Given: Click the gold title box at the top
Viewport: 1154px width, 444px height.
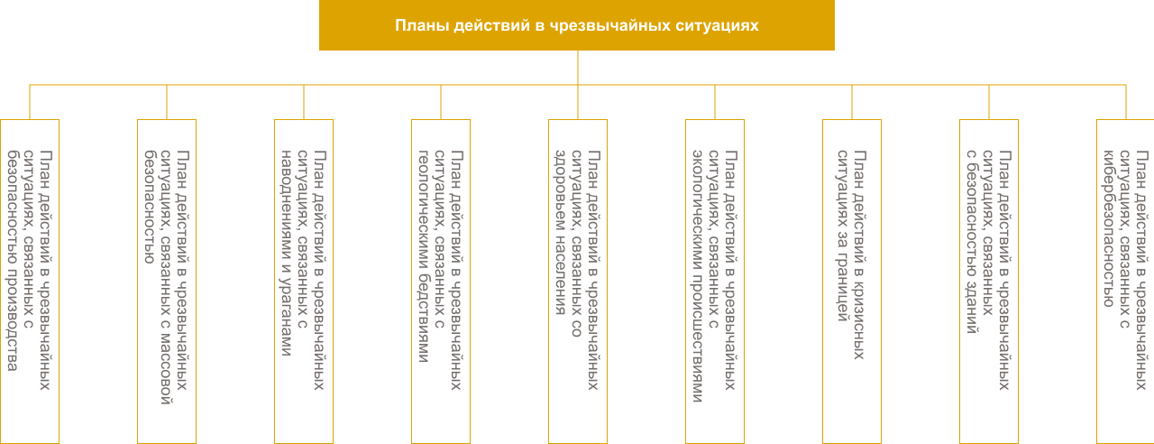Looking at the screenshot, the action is coord(577,24).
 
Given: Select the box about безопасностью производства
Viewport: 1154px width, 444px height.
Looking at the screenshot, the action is coord(30,282).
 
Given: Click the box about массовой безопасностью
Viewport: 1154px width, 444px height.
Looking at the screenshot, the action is coord(167,282).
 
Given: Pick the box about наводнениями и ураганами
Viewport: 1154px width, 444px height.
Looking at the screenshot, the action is coord(304,282).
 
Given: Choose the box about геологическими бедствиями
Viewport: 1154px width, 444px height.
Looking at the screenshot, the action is coord(441,282).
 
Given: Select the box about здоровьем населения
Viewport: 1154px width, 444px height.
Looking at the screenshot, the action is coord(578,282).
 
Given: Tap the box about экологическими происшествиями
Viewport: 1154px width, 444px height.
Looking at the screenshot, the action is coord(715,282).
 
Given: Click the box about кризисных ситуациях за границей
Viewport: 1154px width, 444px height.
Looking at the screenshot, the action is coord(852,282).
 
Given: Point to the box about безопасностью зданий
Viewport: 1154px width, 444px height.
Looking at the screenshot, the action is coord(989,282).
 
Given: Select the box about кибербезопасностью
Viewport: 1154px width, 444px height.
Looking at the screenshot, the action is coord(1125,282).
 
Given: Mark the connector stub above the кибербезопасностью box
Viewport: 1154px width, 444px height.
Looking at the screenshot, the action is coord(1126,102).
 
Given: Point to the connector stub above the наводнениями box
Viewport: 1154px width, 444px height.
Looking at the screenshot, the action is coord(304,102).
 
